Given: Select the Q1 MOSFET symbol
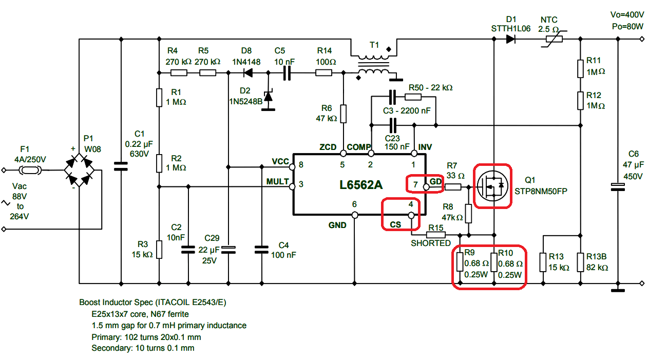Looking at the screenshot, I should (x=492, y=186).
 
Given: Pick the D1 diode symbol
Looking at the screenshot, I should (x=510, y=39).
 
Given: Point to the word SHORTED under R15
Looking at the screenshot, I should (x=430, y=243).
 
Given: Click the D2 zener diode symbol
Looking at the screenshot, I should (x=268, y=96).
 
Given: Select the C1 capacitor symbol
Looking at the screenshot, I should (x=121, y=166).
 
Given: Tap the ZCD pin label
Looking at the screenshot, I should (x=328, y=147).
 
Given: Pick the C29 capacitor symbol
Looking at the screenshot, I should (x=228, y=250).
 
